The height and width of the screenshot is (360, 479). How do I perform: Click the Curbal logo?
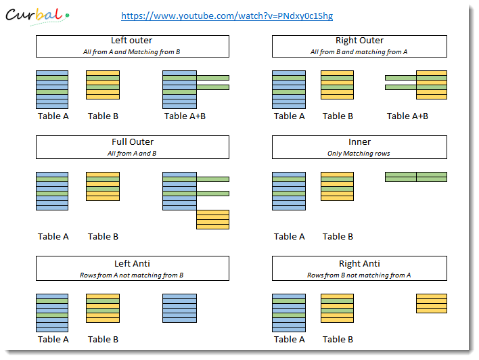click(37, 16)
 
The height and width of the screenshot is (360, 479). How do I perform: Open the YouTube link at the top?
click(227, 16)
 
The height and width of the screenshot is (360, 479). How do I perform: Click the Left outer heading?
click(132, 41)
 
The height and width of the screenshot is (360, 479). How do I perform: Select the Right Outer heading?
click(359, 41)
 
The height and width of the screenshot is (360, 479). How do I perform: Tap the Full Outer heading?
click(133, 142)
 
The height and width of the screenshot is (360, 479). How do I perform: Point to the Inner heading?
click(359, 142)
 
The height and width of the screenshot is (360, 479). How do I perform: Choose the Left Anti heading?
click(133, 263)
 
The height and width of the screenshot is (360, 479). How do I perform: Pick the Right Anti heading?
click(359, 263)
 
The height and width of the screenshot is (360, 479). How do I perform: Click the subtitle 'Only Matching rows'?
click(359, 154)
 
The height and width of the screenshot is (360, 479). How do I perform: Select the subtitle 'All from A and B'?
click(132, 154)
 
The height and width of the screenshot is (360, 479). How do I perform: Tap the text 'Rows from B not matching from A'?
click(359, 275)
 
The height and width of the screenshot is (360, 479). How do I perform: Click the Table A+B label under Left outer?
click(185, 116)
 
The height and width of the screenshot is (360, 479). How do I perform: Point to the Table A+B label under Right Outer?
click(407, 116)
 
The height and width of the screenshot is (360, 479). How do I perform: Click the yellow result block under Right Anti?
click(432, 303)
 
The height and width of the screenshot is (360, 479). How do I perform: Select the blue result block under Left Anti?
click(180, 308)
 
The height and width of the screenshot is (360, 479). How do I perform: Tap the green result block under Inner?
click(416, 177)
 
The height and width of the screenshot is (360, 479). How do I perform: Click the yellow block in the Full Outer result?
click(212, 219)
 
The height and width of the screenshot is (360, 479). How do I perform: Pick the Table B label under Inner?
click(338, 237)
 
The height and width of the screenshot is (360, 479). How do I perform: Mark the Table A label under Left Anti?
click(53, 339)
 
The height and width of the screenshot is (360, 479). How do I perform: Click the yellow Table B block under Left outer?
click(103, 85)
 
